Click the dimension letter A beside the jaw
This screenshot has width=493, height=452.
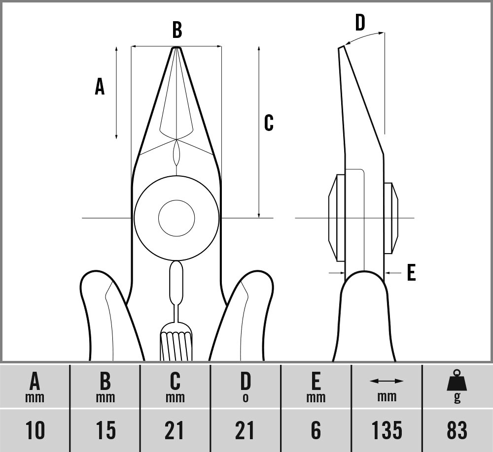point(100,87)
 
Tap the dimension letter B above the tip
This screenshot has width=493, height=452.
point(177,30)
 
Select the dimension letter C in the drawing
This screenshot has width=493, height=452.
point(269,123)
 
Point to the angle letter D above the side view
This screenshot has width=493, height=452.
point(360,22)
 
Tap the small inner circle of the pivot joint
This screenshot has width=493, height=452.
point(176,218)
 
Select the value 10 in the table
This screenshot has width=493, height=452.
point(35,430)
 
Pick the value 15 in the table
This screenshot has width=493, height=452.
point(106,430)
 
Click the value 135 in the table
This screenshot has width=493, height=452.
point(387,430)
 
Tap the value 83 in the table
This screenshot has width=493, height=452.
point(457,430)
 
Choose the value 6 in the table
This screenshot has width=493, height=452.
point(316,430)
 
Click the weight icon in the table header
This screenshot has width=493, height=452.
point(457,382)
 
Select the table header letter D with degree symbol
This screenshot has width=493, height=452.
point(246,387)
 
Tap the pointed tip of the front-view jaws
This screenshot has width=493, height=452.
point(176,48)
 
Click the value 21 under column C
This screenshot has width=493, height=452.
point(176,430)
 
